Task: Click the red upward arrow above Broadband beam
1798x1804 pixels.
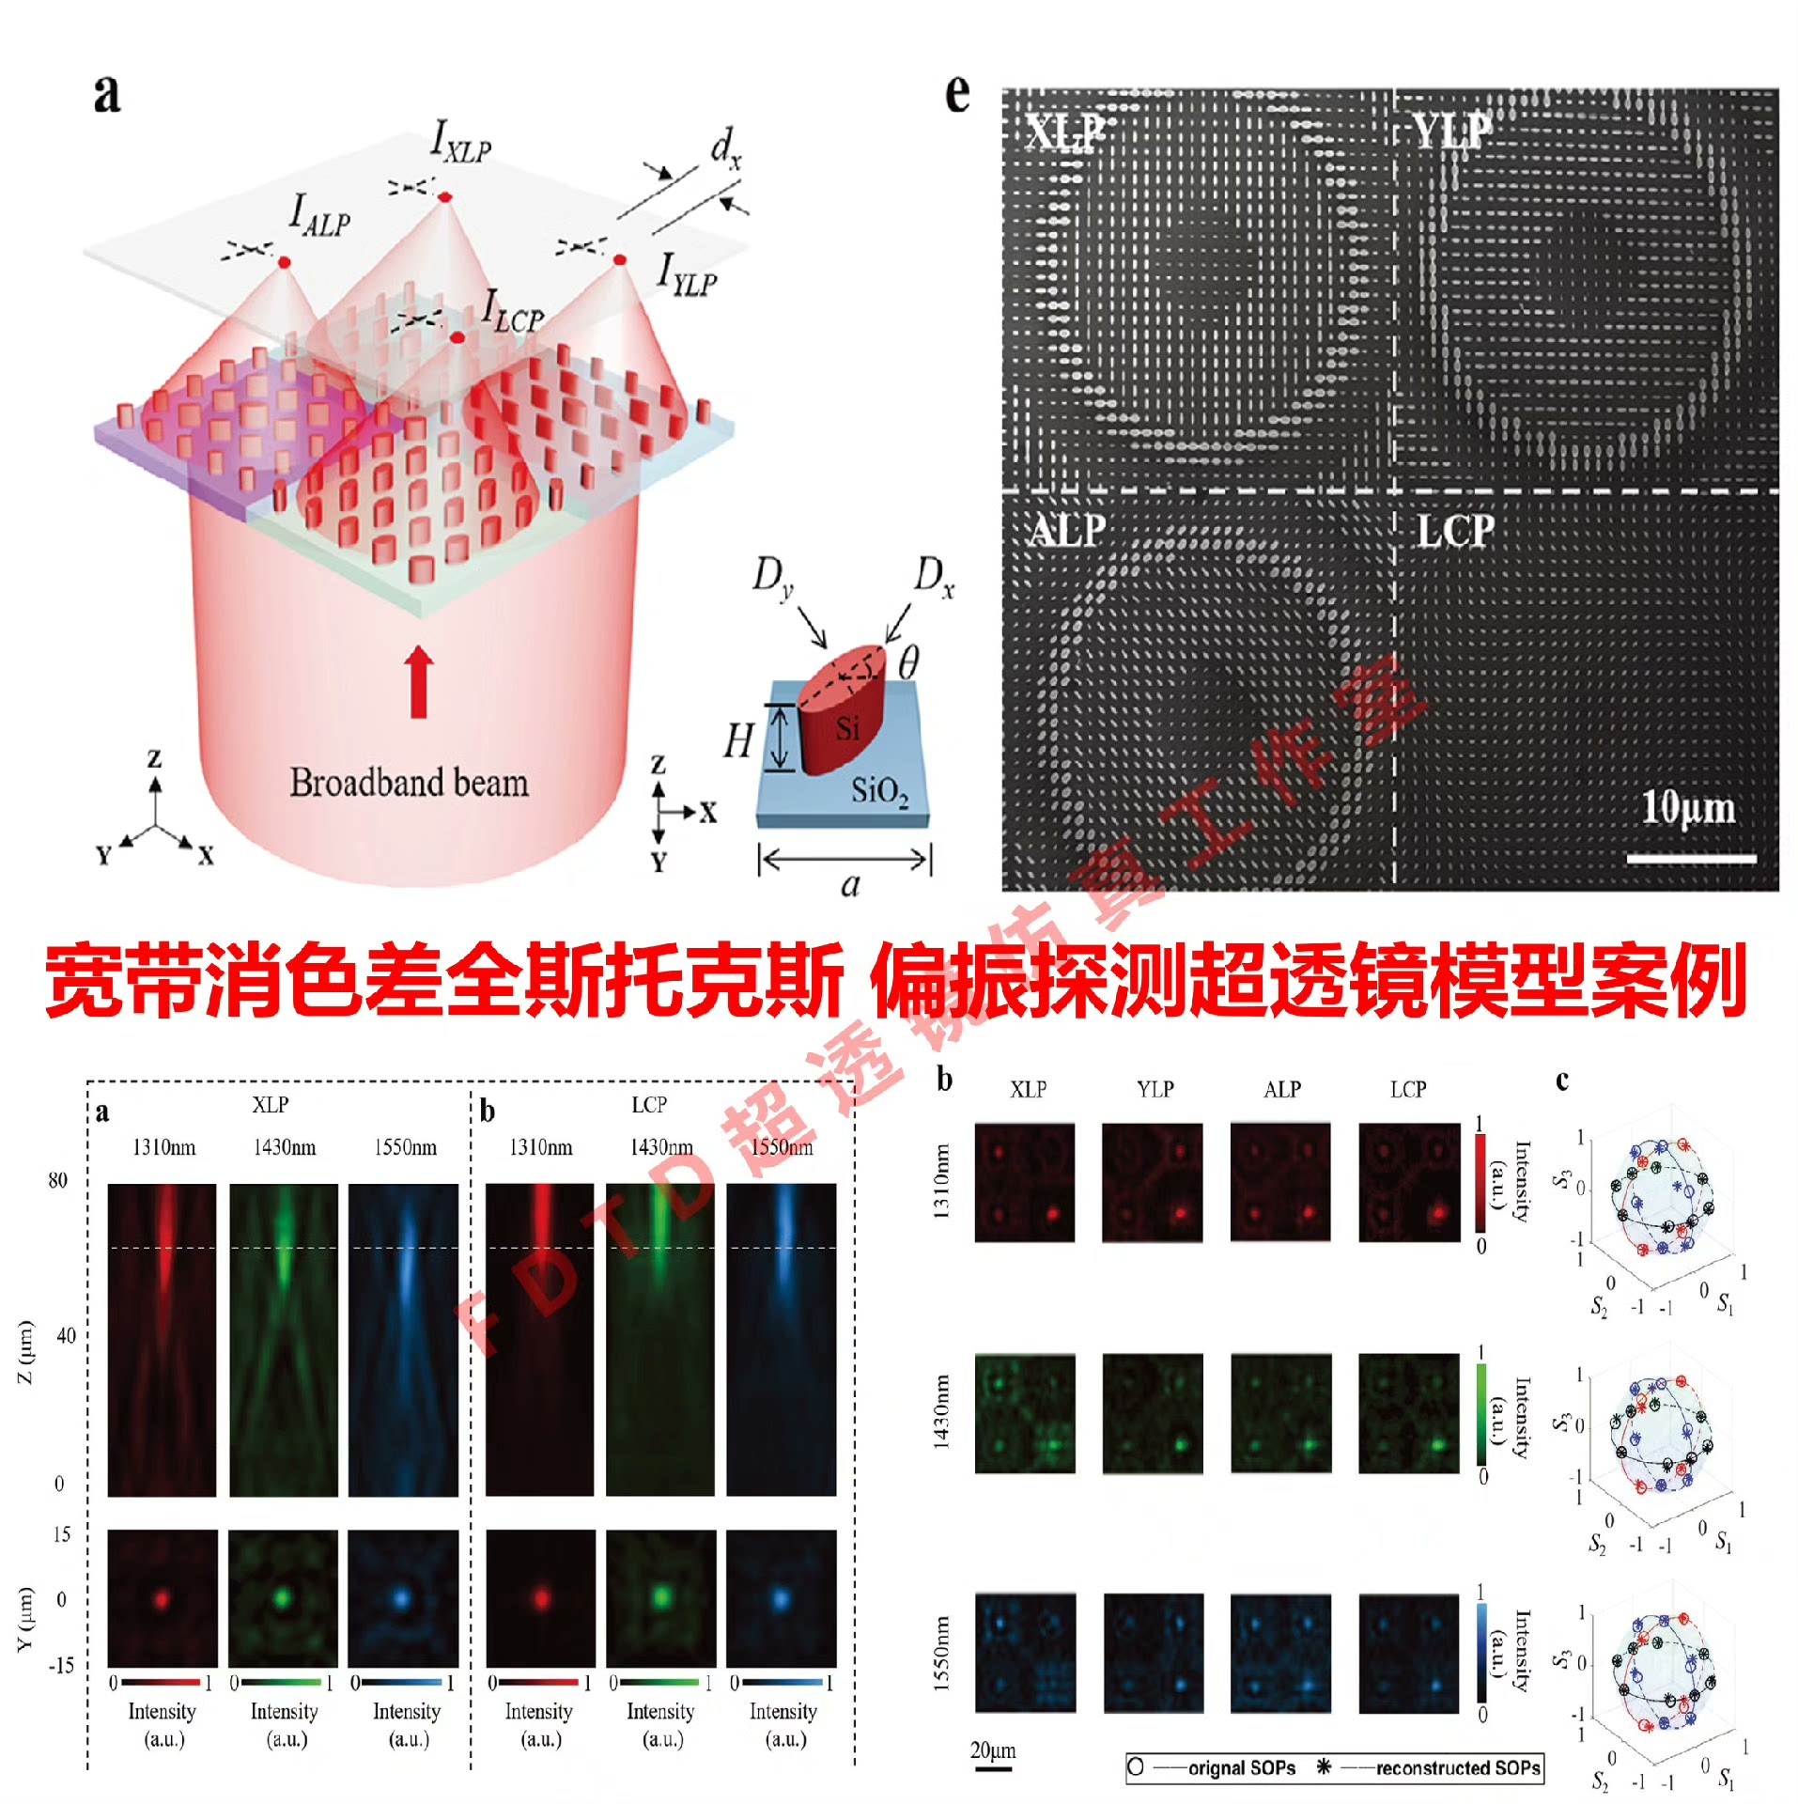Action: [x=419, y=682]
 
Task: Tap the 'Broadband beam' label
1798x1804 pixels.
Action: [x=409, y=783]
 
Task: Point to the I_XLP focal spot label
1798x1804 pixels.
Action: [x=461, y=144]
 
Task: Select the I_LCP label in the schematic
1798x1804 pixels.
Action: [x=512, y=311]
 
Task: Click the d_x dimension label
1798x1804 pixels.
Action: [x=725, y=148]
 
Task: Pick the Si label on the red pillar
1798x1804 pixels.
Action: [x=847, y=728]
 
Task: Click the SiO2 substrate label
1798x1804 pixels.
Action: [x=879, y=791]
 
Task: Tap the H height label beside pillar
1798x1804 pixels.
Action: [x=738, y=740]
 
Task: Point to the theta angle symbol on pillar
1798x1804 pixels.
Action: [x=907, y=663]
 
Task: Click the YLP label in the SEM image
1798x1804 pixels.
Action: [x=1452, y=131]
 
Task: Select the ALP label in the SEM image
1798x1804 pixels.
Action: [x=1066, y=531]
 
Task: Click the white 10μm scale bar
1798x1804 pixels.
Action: [x=1690, y=858]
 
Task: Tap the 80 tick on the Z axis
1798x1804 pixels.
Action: [x=58, y=1180]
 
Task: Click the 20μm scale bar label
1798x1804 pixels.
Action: [x=993, y=1750]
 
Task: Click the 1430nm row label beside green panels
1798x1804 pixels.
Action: [x=941, y=1412]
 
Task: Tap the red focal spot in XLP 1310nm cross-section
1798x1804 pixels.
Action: [x=162, y=1597]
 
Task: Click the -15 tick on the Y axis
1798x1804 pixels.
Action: [x=61, y=1666]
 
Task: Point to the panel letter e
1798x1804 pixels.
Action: [x=956, y=94]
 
